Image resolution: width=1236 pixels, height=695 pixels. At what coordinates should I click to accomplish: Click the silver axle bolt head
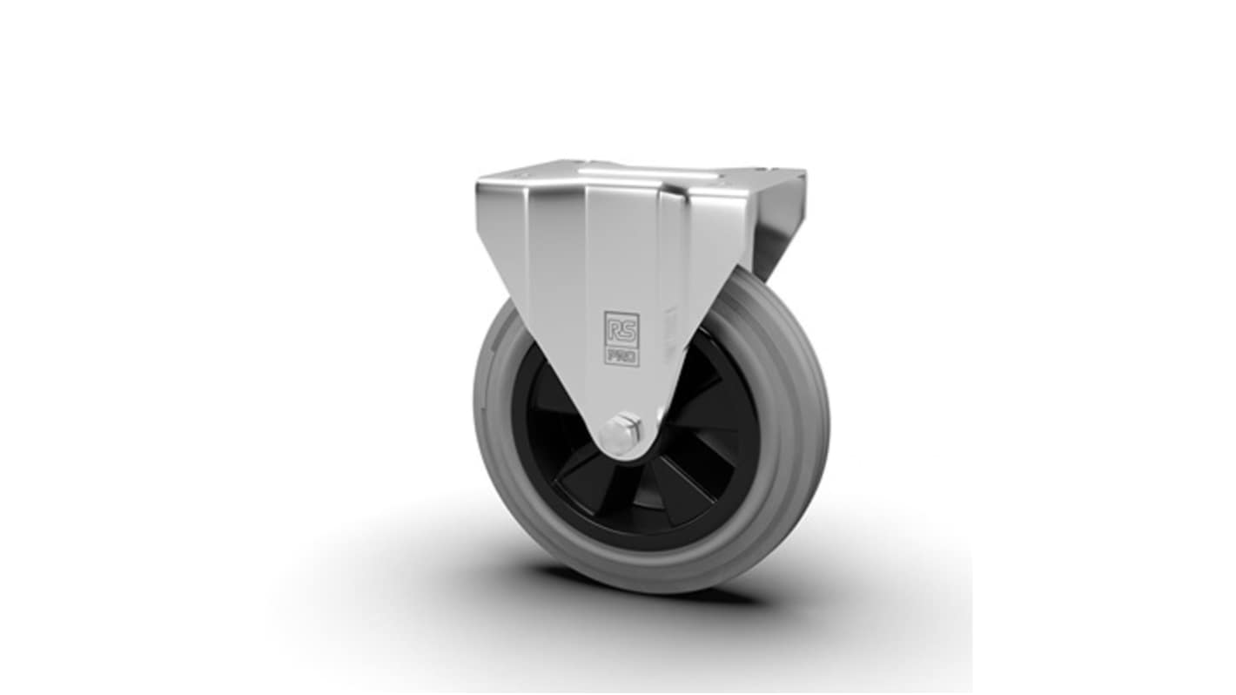pyautogui.click(x=622, y=428)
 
